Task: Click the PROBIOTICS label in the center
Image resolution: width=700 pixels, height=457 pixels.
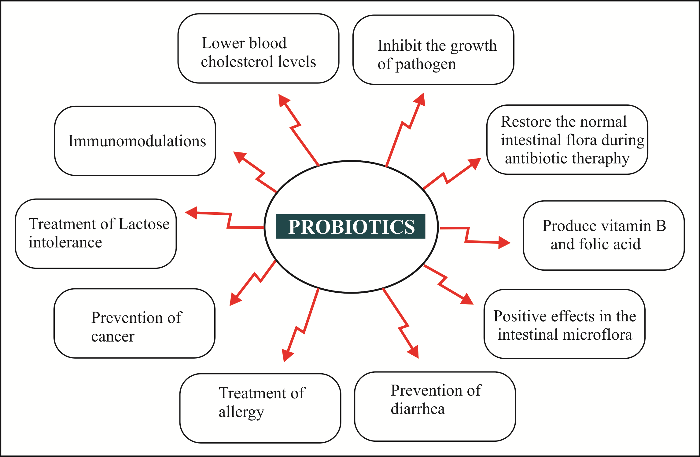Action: [x=351, y=226]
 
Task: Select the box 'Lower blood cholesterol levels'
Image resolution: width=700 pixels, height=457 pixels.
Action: [x=258, y=49]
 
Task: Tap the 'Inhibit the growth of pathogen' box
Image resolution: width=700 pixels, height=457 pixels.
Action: [x=433, y=50]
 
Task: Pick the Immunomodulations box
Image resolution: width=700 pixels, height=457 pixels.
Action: [x=135, y=141]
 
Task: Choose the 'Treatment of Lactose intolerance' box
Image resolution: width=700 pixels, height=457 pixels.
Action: [x=96, y=234]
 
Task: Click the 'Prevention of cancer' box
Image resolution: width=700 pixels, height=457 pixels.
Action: [x=134, y=323]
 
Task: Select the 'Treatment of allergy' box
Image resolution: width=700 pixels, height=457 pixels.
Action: [x=260, y=408]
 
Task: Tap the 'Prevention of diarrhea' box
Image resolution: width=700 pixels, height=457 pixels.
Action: [x=435, y=406]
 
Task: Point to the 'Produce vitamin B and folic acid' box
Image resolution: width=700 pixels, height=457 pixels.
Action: [x=604, y=235]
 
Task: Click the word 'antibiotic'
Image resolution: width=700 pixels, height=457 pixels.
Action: [x=536, y=158]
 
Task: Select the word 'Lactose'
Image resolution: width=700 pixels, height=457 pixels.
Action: [x=144, y=224]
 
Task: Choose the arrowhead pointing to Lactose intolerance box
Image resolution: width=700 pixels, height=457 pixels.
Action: [x=192, y=212]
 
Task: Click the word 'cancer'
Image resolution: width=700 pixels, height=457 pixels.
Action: [x=113, y=336]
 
